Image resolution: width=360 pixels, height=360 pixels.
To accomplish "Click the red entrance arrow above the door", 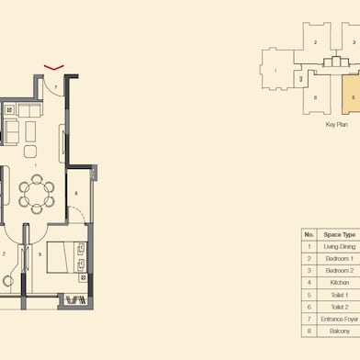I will tap(54, 67).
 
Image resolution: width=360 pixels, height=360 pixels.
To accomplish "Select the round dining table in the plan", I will tap(37, 191).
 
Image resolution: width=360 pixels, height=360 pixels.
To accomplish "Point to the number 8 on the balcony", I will tap(76, 194).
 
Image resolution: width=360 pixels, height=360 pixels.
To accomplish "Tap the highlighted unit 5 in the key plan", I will tap(353, 95).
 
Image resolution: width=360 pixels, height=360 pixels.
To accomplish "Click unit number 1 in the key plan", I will tap(276, 72).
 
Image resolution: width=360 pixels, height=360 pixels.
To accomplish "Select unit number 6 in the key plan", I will tap(314, 97).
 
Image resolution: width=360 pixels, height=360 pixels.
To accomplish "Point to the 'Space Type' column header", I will tap(338, 235).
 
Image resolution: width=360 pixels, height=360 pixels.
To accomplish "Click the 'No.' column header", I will tap(309, 235).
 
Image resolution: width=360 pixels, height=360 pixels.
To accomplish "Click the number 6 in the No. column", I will tap(309, 307).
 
